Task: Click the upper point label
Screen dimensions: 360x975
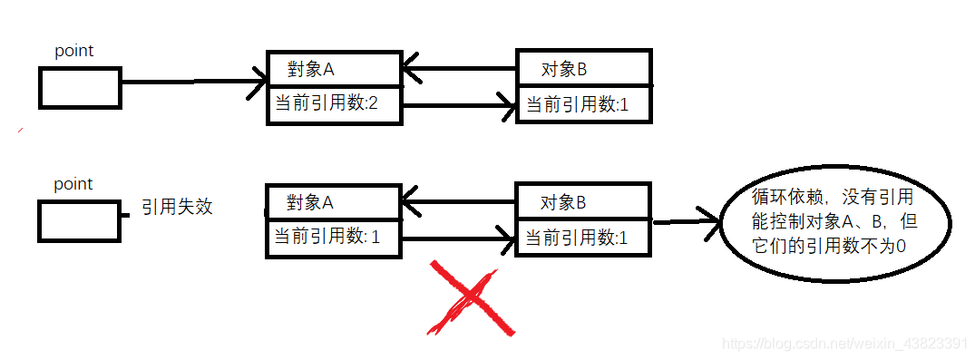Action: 74,51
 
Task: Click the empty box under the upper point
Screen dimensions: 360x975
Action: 80,88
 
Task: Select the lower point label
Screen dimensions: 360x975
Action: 73,184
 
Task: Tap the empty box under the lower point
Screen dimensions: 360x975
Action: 80,221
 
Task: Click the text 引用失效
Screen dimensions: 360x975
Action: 177,206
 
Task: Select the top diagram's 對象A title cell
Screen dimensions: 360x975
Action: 333,69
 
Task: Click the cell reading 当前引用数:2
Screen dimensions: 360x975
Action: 333,104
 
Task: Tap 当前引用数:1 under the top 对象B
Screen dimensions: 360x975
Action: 583,104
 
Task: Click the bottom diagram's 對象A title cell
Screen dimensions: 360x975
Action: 332,201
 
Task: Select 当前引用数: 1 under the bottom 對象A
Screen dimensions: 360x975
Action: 332,238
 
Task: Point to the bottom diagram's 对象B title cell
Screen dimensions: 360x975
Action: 583,201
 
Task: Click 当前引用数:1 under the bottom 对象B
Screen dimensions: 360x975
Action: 583,238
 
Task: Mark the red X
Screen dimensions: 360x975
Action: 473,300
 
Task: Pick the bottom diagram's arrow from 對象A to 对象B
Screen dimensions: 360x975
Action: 458,240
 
